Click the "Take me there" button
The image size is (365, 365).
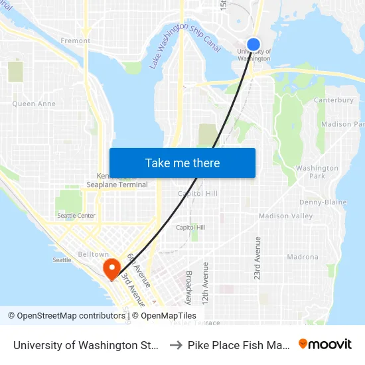tap(183, 163)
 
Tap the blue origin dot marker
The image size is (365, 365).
tap(254, 44)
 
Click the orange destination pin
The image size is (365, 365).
tap(111, 268)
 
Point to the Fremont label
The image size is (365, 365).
tap(76, 40)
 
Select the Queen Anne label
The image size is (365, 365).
tap(33, 104)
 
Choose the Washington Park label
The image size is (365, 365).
tap(317, 173)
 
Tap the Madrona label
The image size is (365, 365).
tap(303, 257)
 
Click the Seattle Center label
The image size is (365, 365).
tap(76, 216)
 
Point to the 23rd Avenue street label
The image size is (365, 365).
tap(257, 257)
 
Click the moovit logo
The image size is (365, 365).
tap(325, 344)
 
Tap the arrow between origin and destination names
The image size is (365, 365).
tap(176, 345)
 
